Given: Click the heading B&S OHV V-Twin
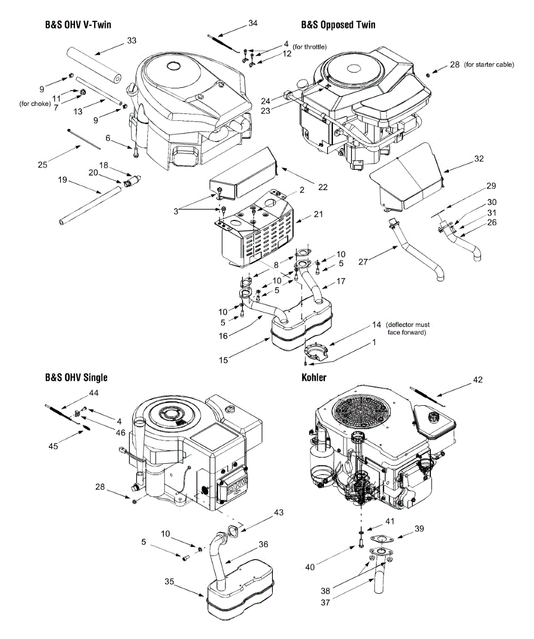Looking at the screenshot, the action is tap(78, 24).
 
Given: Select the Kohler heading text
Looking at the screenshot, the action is tap(314, 378).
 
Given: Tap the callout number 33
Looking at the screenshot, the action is tap(132, 40).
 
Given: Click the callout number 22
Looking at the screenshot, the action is tap(323, 187).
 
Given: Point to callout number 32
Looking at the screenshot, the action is tap(479, 159).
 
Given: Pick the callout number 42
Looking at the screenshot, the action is tap(478, 380).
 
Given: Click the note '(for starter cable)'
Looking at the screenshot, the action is tap(489, 64).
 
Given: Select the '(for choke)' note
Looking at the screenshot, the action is tap(35, 104).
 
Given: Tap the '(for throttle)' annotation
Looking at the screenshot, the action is tap(310, 47).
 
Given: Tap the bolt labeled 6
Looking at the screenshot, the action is tap(136, 152).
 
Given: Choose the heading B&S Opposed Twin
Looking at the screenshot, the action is tap(338, 24).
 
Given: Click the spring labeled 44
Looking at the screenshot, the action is tap(62, 413).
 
